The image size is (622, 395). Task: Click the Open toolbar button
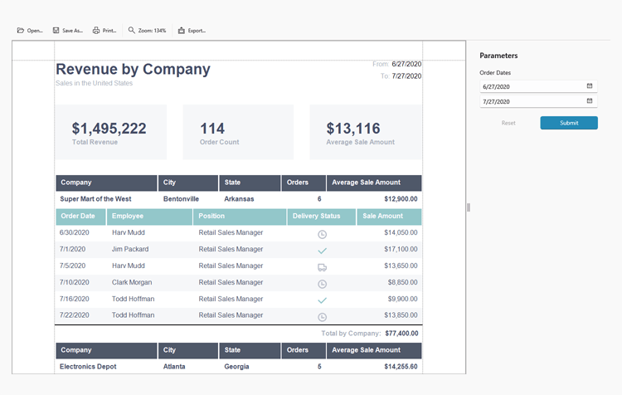click(x=30, y=31)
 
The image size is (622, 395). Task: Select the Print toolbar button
click(x=104, y=31)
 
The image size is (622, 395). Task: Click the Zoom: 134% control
click(x=147, y=31)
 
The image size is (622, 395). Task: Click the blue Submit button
click(x=568, y=123)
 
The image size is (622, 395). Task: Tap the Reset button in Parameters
click(x=508, y=123)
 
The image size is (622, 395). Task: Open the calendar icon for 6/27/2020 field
click(x=590, y=85)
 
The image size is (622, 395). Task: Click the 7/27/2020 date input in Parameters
click(x=531, y=101)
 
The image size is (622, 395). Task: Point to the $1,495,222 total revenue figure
click(x=109, y=129)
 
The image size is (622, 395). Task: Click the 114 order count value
click(x=212, y=129)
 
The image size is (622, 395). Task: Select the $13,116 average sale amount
click(x=353, y=129)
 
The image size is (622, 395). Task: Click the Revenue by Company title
click(x=133, y=70)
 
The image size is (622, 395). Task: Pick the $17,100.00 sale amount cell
click(x=395, y=250)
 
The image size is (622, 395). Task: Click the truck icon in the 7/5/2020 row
click(x=322, y=267)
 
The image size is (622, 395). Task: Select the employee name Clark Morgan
click(x=132, y=283)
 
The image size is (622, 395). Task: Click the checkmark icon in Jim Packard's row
click(x=322, y=251)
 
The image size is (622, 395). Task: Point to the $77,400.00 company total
click(x=401, y=333)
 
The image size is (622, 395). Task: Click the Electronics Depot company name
click(x=87, y=366)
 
